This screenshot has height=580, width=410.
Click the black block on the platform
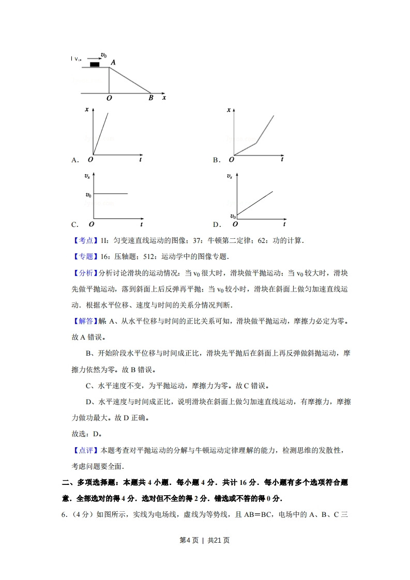click(95, 64)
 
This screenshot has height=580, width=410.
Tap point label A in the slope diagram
click(113, 62)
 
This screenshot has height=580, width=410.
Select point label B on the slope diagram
click(151, 98)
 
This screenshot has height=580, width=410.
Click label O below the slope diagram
click(109, 98)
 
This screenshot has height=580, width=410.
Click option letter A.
click(75, 160)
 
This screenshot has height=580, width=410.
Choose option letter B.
click(217, 160)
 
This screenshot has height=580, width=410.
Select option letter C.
click(75, 225)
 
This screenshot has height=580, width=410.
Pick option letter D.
click(217, 225)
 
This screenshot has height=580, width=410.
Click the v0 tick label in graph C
click(88, 194)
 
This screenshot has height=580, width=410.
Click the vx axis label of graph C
click(87, 177)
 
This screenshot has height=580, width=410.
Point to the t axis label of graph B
click(282, 159)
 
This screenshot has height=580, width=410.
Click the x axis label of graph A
click(87, 110)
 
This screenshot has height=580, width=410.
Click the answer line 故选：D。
click(86, 434)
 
